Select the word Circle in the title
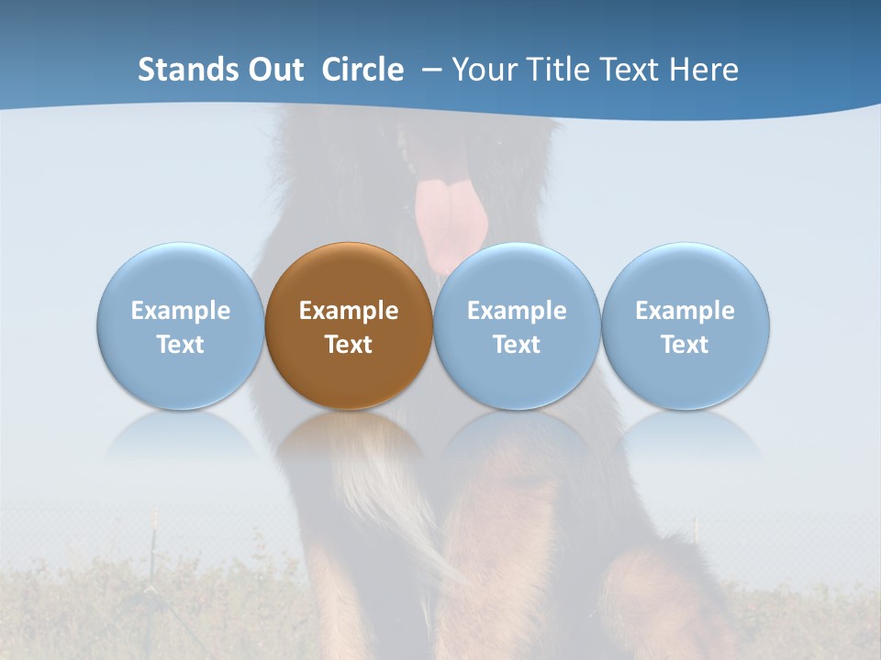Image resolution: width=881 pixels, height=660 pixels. tap(362, 70)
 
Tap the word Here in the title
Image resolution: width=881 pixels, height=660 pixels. tap(704, 70)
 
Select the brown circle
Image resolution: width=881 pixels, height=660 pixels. tap(349, 325)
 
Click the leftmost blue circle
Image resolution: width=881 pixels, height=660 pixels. tap(181, 325)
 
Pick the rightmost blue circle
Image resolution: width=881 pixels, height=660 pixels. tap(686, 325)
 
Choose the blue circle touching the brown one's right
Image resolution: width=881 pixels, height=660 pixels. tap(517, 325)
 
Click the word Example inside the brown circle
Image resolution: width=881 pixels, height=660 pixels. tap(349, 311)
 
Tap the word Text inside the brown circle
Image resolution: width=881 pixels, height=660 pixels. tap(349, 345)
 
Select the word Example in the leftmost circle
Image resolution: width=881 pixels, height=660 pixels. tap(181, 311)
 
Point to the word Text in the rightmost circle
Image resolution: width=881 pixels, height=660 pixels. tap(686, 345)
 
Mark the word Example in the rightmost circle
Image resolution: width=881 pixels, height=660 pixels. tap(686, 311)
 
